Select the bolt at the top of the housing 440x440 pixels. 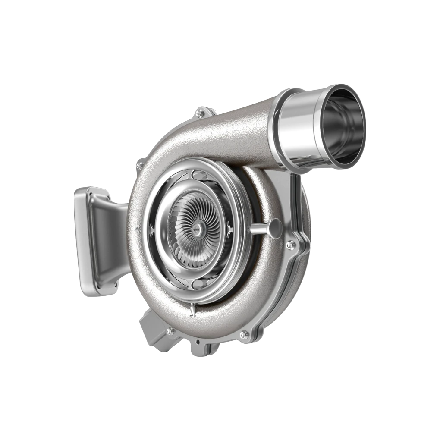tap(199, 113)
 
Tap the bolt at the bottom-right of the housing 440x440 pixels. tap(244, 334)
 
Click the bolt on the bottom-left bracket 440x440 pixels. tap(169, 331)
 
